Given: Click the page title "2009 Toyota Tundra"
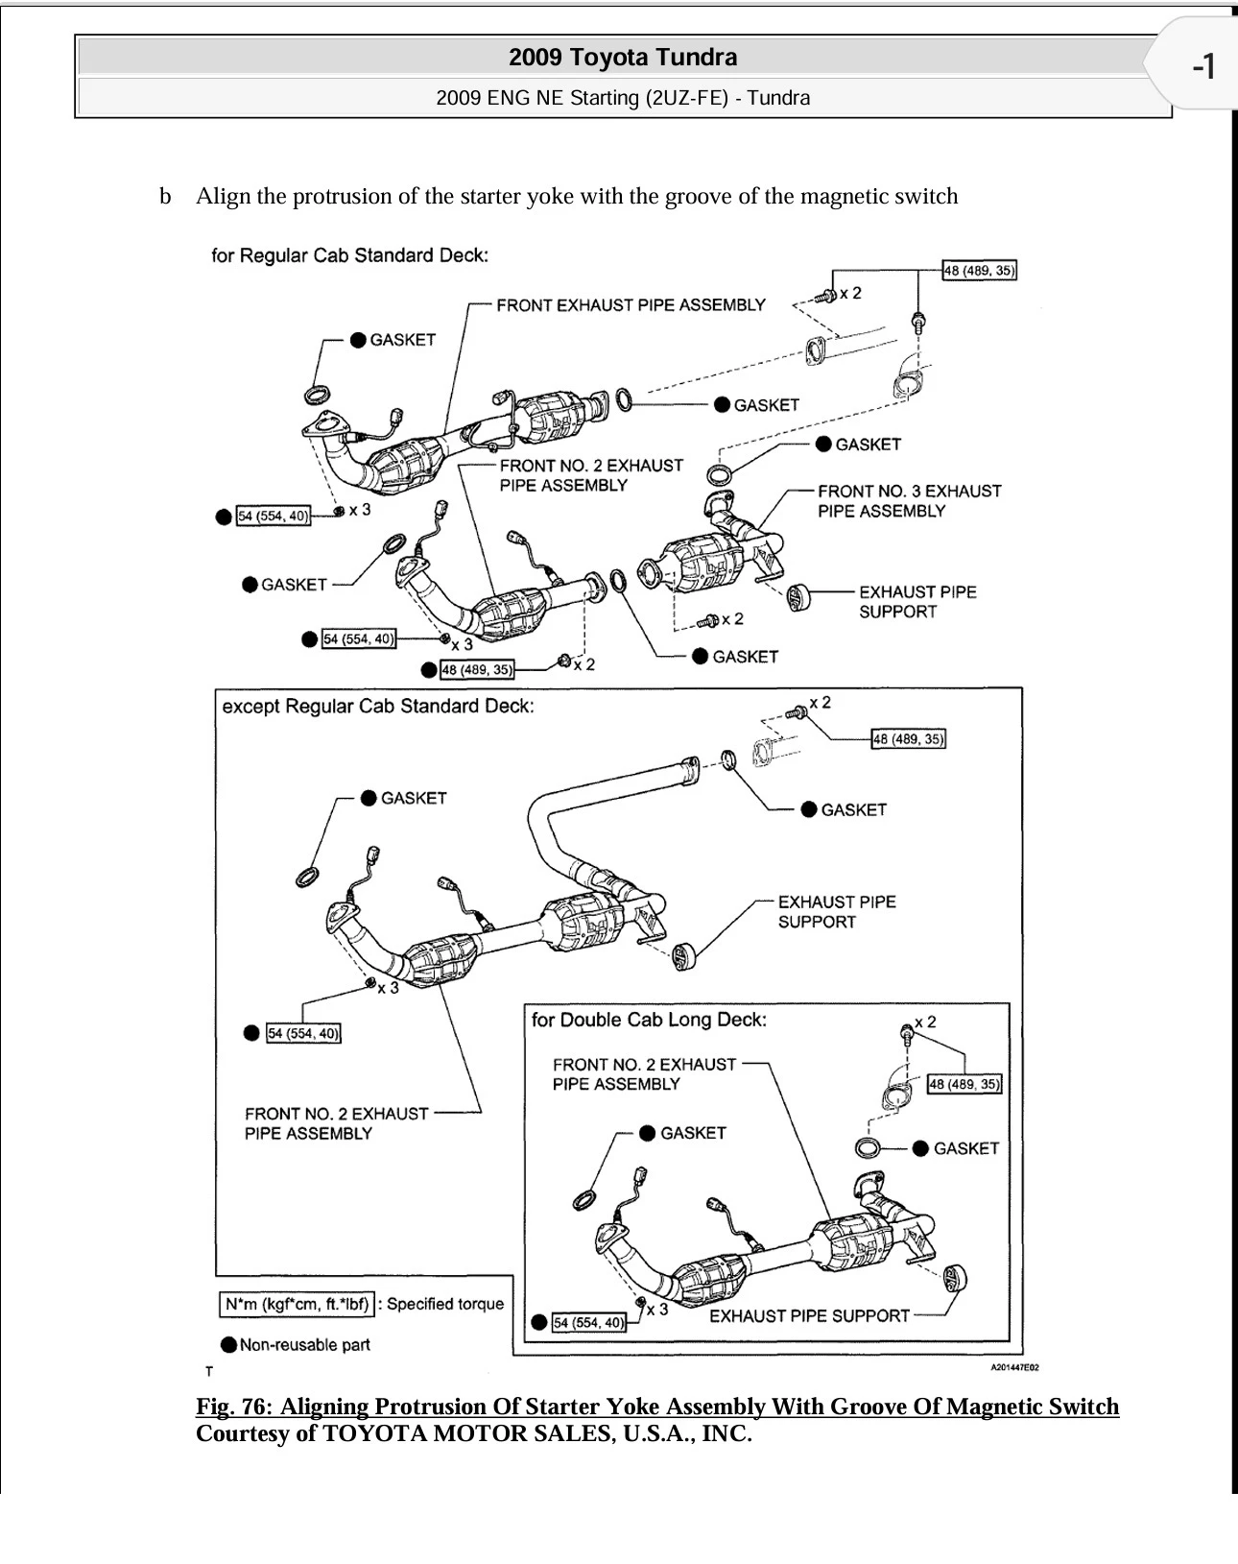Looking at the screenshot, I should tap(623, 58).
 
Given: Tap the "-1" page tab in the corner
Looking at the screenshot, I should tap(1203, 67).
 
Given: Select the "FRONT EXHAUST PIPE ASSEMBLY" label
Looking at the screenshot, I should tap(631, 305).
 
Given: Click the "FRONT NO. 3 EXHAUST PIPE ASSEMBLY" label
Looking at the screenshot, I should tap(909, 501).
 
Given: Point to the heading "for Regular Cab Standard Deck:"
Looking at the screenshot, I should tap(349, 255).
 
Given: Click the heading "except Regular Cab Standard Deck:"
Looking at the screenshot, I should tap(377, 707).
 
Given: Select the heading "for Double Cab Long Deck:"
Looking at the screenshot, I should tap(649, 1020).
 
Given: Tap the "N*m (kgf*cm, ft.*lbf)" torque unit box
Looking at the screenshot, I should tap(297, 1304).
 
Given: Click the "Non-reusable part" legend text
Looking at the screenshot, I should tap(304, 1345).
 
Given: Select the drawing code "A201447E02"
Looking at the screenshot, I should tap(1014, 1367).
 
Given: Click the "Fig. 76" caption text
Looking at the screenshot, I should tap(656, 1407).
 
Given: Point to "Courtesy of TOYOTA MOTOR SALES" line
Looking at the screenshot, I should tap(473, 1433).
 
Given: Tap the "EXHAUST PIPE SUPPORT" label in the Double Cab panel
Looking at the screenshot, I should tap(809, 1316).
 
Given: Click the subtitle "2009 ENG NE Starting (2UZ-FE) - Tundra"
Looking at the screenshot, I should tap(623, 98).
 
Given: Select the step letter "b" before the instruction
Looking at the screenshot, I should tap(166, 197).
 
